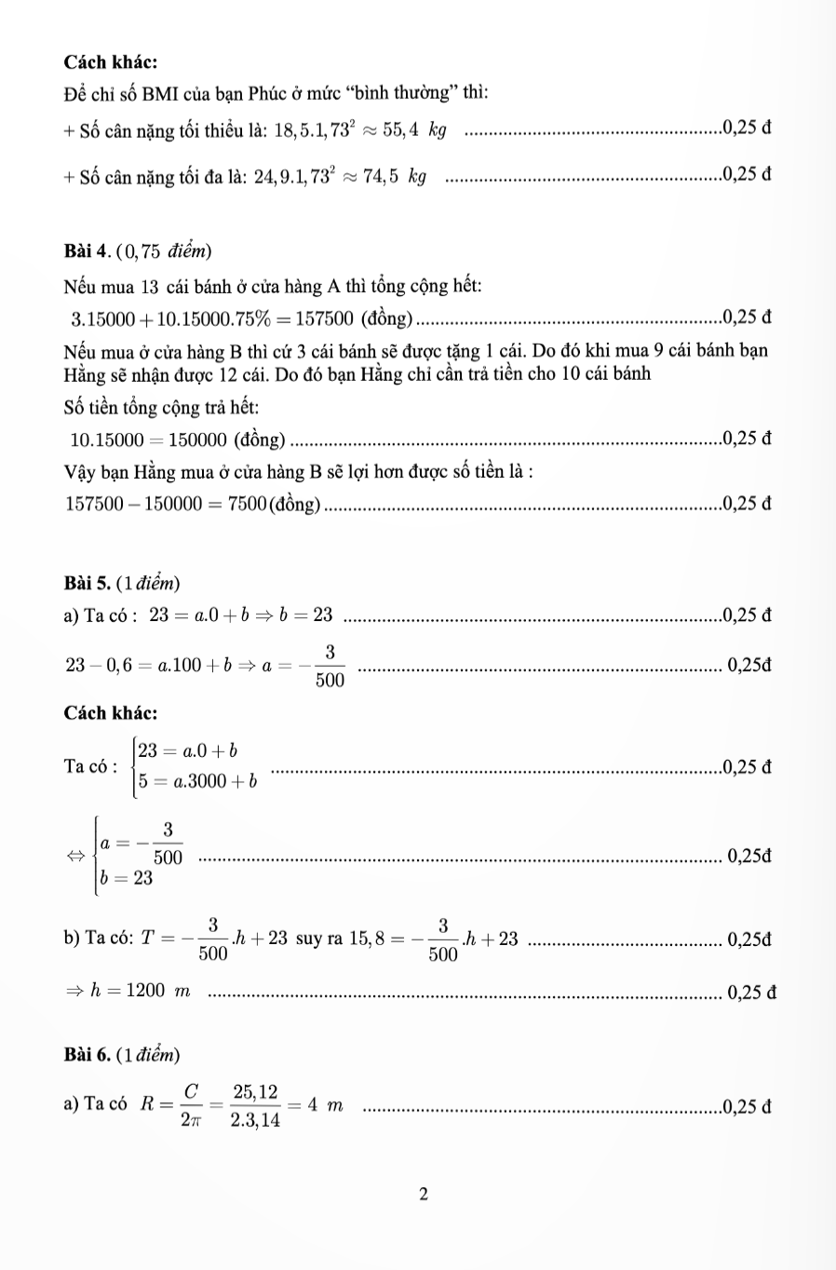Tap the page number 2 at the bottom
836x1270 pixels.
coord(423,1194)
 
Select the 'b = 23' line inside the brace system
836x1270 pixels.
coord(127,879)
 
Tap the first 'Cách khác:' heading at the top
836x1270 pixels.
coord(111,61)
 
